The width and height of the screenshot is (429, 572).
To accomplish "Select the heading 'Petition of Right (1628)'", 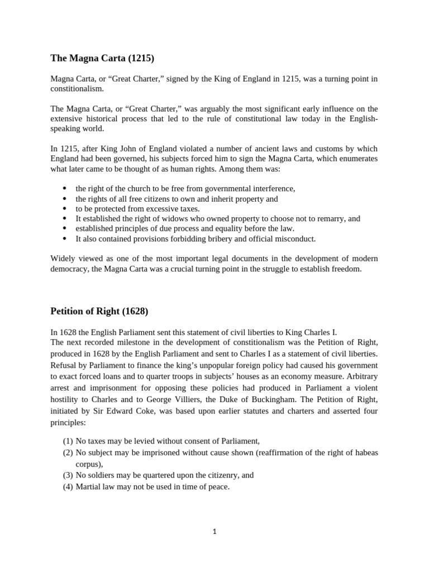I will [x=99, y=310].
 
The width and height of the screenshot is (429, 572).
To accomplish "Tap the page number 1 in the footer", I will [x=214, y=531].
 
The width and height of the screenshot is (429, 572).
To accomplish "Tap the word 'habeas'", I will [x=365, y=452].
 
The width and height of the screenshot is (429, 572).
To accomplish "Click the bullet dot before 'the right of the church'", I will [x=64, y=189].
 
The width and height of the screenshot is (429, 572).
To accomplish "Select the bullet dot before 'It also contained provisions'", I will [x=64, y=239].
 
